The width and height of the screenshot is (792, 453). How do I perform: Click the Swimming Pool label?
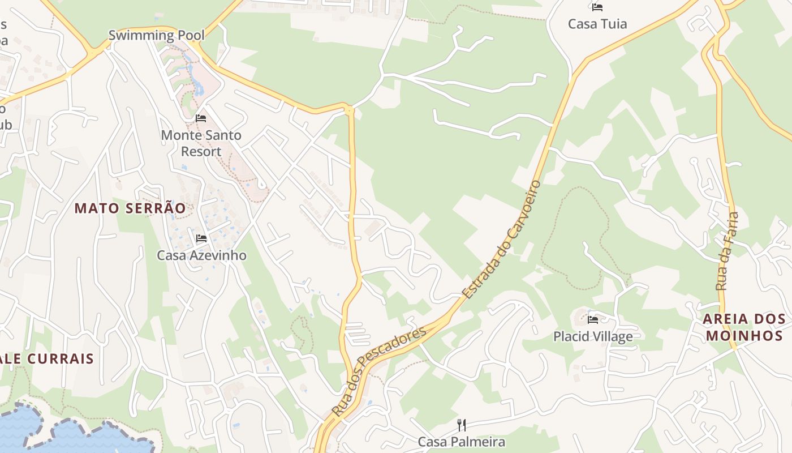(156, 35)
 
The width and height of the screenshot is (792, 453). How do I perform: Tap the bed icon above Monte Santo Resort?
(201, 118)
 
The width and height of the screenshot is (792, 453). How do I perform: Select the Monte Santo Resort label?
(201, 143)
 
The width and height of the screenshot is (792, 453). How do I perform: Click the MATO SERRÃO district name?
(130, 208)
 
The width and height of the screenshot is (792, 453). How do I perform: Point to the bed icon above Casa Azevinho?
(201, 238)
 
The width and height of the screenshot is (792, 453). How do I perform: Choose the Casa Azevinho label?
(201, 255)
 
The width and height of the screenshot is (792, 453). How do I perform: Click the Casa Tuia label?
(597, 24)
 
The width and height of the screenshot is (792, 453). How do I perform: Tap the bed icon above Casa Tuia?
(597, 7)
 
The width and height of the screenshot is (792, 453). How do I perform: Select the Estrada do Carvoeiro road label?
(501, 240)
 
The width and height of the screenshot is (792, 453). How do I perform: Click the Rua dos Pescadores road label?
(378, 371)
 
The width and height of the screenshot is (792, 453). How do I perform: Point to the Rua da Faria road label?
(728, 251)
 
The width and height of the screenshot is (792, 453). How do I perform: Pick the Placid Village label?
(593, 337)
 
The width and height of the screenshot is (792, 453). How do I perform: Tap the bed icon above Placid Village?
(593, 320)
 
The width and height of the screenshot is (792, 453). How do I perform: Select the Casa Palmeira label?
(461, 442)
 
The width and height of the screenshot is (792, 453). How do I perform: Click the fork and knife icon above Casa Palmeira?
(462, 425)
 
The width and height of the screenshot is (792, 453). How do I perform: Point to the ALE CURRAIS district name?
(48, 359)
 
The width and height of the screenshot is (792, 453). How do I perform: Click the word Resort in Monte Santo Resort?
(201, 152)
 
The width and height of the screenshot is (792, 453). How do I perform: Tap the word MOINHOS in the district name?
(743, 336)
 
